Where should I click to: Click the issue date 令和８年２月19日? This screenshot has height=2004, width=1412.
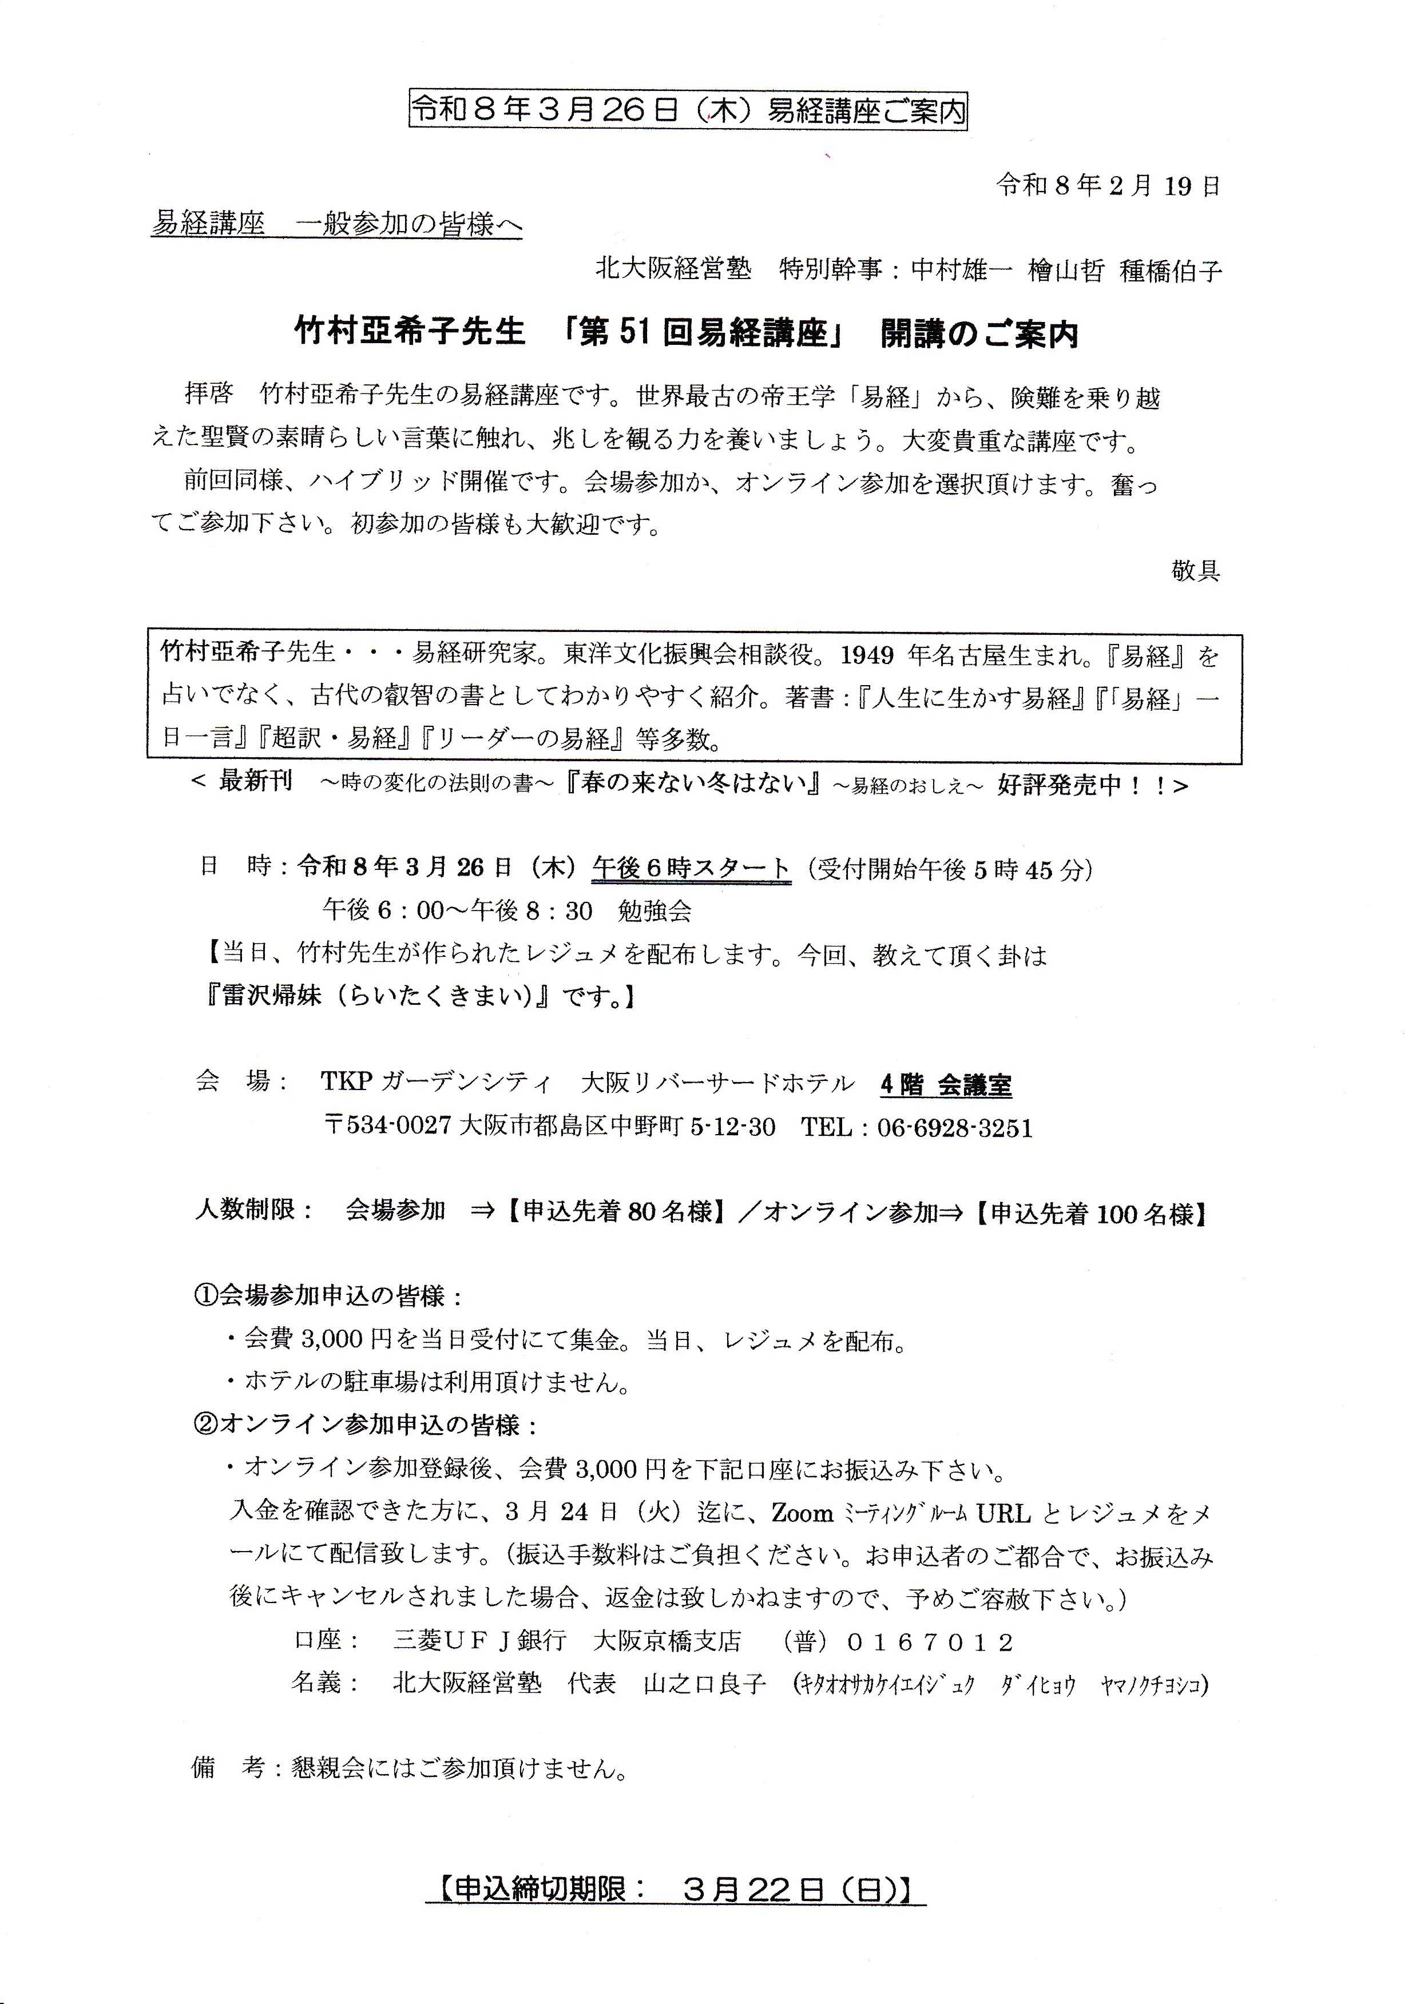pyautogui.click(x=1108, y=186)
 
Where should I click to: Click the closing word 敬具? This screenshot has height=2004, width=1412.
pyautogui.click(x=1195, y=571)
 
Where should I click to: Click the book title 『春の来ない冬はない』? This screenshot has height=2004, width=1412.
pyautogui.click(x=691, y=784)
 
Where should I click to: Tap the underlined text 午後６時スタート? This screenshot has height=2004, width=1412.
pyautogui.click(x=691, y=869)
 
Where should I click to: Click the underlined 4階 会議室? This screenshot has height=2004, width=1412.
pyautogui.click(x=946, y=1085)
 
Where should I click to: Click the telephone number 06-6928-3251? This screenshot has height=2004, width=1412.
pyautogui.click(x=954, y=1128)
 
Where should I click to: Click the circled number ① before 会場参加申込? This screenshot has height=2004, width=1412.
pyautogui.click(x=204, y=1296)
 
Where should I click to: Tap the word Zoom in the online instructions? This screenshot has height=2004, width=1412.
pyautogui.click(x=803, y=1513)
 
